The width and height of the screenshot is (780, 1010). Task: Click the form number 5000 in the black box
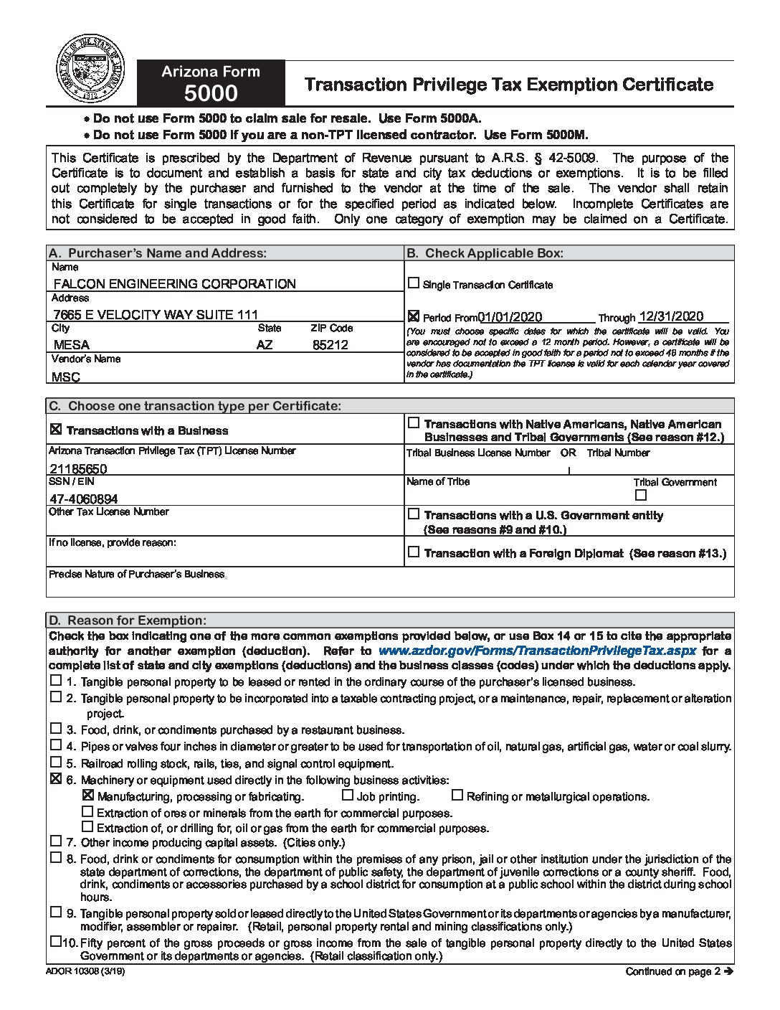[211, 94]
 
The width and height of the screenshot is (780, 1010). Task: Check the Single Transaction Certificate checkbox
[414, 283]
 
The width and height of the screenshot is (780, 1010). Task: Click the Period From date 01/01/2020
[510, 317]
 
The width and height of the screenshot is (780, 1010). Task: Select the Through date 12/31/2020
[671, 316]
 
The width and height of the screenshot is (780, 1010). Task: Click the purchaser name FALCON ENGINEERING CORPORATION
[174, 283]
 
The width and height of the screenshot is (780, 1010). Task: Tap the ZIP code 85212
[330, 344]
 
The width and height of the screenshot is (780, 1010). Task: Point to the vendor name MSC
[66, 377]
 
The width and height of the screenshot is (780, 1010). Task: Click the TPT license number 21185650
[79, 468]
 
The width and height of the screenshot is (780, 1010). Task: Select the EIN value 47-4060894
[84, 499]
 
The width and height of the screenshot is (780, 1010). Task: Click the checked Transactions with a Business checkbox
[55, 430]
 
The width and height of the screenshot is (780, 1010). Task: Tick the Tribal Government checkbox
[641, 495]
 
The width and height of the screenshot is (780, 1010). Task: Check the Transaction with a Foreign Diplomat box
[414, 552]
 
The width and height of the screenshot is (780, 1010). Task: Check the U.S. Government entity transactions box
[414, 514]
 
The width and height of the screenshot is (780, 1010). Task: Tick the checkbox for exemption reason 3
[56, 729]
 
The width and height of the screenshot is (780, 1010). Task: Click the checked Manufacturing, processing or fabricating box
[88, 796]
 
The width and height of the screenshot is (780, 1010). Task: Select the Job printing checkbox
[348, 795]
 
